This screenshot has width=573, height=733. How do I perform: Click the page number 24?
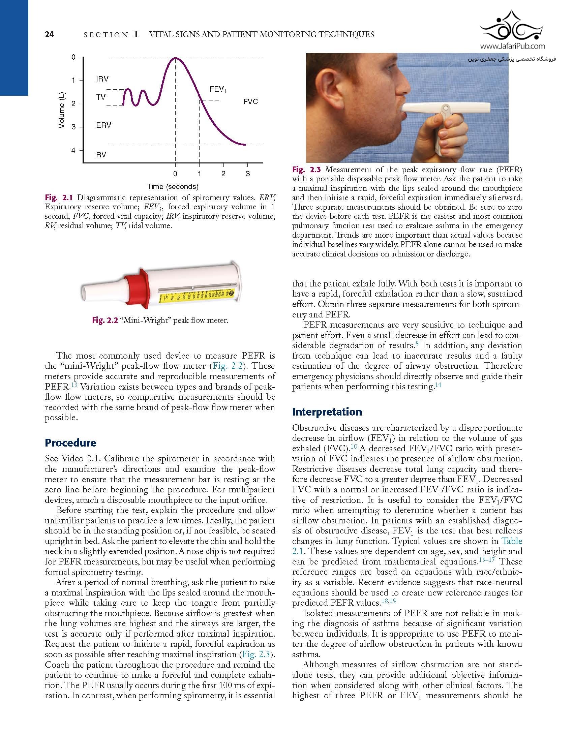coord(49,34)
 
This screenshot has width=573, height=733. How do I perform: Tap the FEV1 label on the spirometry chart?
coord(218,89)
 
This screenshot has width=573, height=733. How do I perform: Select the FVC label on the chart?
coord(250,102)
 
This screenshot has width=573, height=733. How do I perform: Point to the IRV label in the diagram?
coord(102,79)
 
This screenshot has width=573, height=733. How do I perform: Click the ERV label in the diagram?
coord(103,125)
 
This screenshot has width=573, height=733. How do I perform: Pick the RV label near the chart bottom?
coord(101,155)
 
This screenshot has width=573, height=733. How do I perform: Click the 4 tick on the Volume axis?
coord(73,150)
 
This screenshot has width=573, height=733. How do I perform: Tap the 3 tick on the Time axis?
coord(248,174)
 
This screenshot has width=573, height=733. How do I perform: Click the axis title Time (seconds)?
coord(173,186)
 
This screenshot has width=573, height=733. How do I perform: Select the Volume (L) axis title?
coord(61,110)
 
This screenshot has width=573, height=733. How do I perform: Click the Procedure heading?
coord(70,443)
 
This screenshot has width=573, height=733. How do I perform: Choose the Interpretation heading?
coord(327,412)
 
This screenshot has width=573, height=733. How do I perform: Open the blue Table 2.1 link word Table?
coord(512,541)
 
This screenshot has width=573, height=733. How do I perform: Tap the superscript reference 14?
coord(438,385)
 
